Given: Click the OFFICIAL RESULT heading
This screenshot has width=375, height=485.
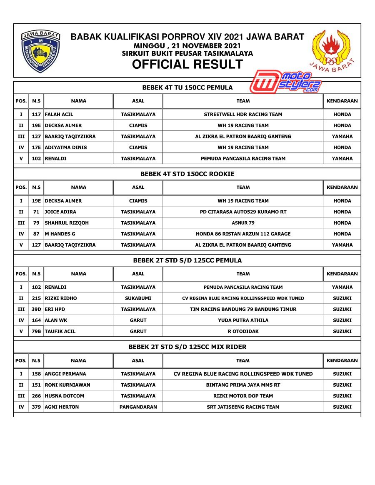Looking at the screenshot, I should (187, 65).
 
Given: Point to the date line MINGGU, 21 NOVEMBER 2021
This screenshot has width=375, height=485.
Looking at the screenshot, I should (187, 46).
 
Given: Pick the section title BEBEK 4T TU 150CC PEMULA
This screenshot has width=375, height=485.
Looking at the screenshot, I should (187, 87).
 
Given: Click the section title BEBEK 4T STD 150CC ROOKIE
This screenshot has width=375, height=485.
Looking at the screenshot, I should (187, 174).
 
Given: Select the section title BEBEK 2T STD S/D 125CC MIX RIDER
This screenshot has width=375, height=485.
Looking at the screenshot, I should (187, 347).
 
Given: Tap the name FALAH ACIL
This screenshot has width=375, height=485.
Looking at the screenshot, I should (59, 115).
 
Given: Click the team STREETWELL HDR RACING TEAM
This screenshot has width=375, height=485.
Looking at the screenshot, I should (243, 115).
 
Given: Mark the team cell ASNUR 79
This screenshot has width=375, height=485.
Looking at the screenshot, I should (243, 223).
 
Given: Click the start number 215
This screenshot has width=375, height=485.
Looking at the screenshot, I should (36, 298).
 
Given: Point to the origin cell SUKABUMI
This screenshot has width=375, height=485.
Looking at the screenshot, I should (138, 298).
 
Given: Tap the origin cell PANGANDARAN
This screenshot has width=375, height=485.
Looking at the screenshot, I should (138, 407).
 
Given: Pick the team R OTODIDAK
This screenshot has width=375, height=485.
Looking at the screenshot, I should (243, 332).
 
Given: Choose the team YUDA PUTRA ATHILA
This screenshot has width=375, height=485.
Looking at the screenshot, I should (243, 320).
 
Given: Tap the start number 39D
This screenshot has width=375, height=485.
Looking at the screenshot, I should (36, 310).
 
